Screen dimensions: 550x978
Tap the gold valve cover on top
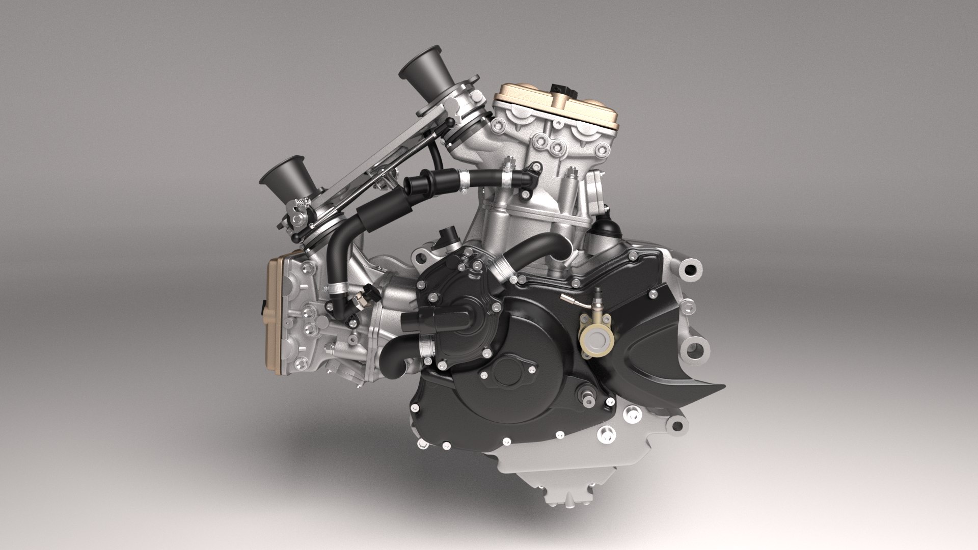[x=555, y=104]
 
